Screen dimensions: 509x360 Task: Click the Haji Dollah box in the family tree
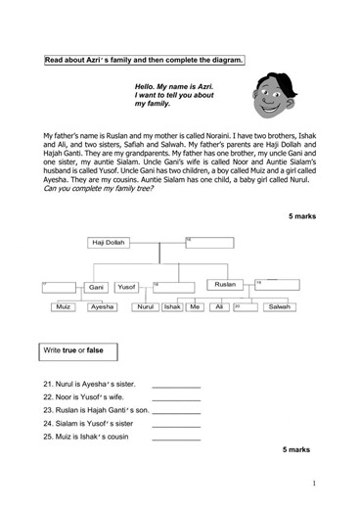[111, 242]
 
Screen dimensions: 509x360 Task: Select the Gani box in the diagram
[95, 287]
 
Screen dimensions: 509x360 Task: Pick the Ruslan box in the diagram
[224, 284]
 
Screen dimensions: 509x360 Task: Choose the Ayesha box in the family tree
[103, 306]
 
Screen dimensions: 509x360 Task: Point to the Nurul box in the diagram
[147, 306]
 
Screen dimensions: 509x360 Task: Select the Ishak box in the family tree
[172, 306]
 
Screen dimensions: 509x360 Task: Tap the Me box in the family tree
[196, 306]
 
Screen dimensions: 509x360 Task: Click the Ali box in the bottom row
[220, 306]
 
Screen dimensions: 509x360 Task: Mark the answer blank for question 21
[176, 385]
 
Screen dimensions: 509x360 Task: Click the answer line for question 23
[176, 412]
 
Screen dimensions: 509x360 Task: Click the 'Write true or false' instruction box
[77, 349]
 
